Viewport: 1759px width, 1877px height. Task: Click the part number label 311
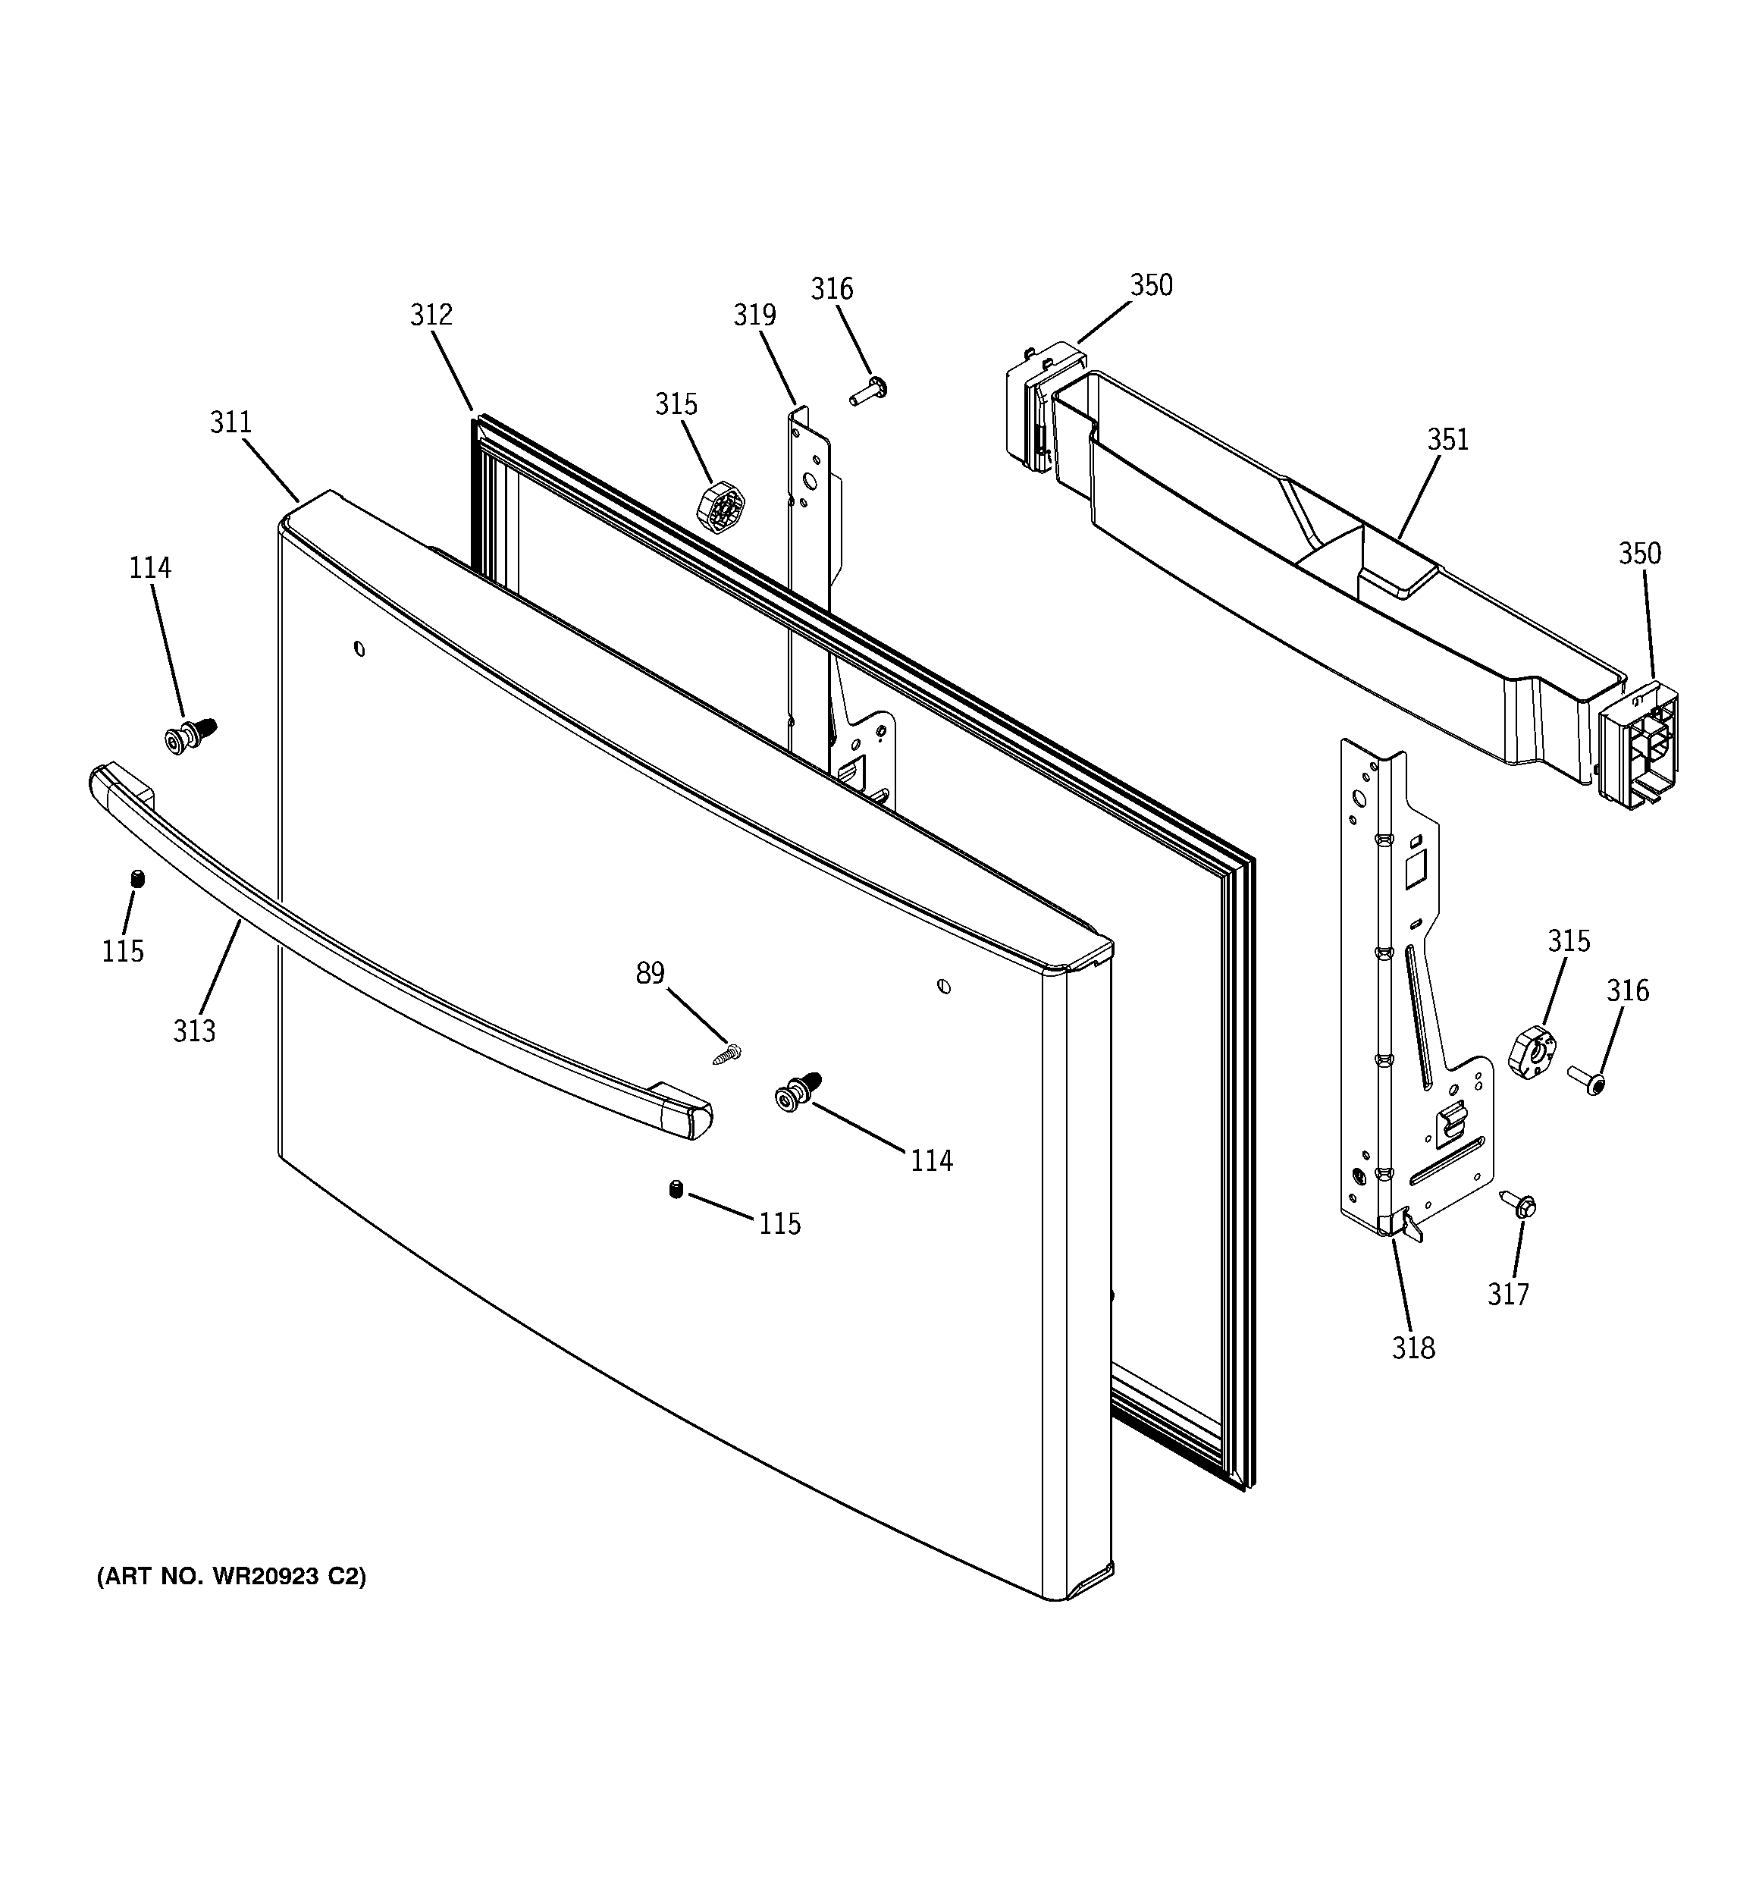[230, 422]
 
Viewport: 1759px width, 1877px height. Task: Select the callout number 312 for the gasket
[431, 315]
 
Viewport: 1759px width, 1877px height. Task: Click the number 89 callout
[650, 972]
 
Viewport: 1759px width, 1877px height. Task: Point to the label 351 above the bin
[1447, 439]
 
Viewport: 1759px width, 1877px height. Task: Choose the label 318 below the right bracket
[1413, 1348]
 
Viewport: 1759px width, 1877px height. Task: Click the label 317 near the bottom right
[1507, 1294]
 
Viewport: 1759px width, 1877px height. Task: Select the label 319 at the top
[754, 315]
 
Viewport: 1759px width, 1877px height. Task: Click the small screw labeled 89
[727, 1053]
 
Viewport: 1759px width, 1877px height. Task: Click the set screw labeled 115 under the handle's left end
[138, 878]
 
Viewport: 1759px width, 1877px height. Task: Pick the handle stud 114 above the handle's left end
[189, 736]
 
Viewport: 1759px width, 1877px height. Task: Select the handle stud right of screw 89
[797, 1094]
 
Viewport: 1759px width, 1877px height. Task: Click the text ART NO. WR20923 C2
[231, 1576]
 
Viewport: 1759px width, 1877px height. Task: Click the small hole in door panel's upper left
[359, 648]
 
